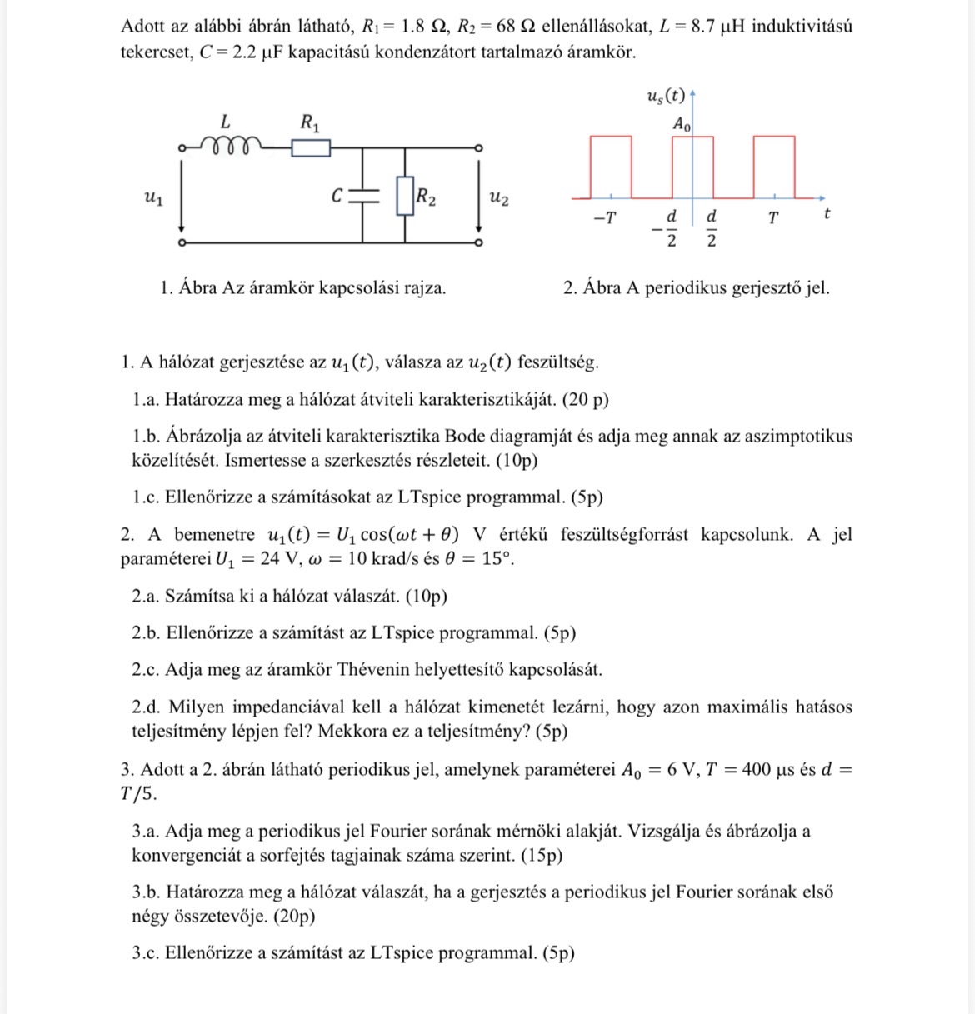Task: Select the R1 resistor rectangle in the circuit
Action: pos(311,148)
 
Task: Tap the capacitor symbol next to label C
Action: pos(364,196)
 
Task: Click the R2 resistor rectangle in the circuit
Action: pos(405,196)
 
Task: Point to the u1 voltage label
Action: pos(153,197)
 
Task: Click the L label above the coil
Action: pos(225,122)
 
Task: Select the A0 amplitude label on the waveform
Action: pos(682,125)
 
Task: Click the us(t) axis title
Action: pos(666,96)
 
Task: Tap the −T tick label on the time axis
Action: pos(604,219)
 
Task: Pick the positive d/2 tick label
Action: pos(712,227)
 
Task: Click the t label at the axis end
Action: pos(826,214)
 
